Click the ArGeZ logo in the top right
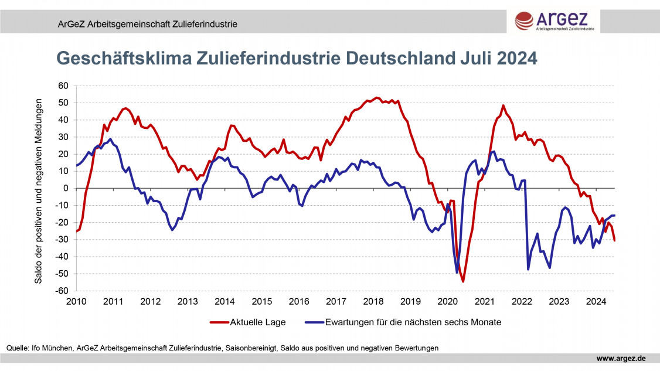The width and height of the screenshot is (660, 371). [554, 20]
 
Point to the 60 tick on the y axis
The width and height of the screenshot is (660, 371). [63, 86]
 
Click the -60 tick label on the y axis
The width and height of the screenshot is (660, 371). [62, 291]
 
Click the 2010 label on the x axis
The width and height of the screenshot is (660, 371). [76, 301]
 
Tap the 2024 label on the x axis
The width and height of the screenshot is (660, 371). [596, 301]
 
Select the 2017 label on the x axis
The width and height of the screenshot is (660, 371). [336, 301]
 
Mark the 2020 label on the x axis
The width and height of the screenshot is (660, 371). [447, 301]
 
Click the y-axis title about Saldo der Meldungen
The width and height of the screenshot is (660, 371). [38, 188]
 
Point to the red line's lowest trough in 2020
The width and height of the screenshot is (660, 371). [463, 282]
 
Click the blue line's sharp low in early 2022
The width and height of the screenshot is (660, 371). [528, 269]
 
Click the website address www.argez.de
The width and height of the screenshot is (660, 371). [621, 358]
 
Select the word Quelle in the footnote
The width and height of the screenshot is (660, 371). [18, 348]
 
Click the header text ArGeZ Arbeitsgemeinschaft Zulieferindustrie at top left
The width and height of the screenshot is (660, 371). [147, 24]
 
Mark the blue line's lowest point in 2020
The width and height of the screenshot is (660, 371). [457, 273]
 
